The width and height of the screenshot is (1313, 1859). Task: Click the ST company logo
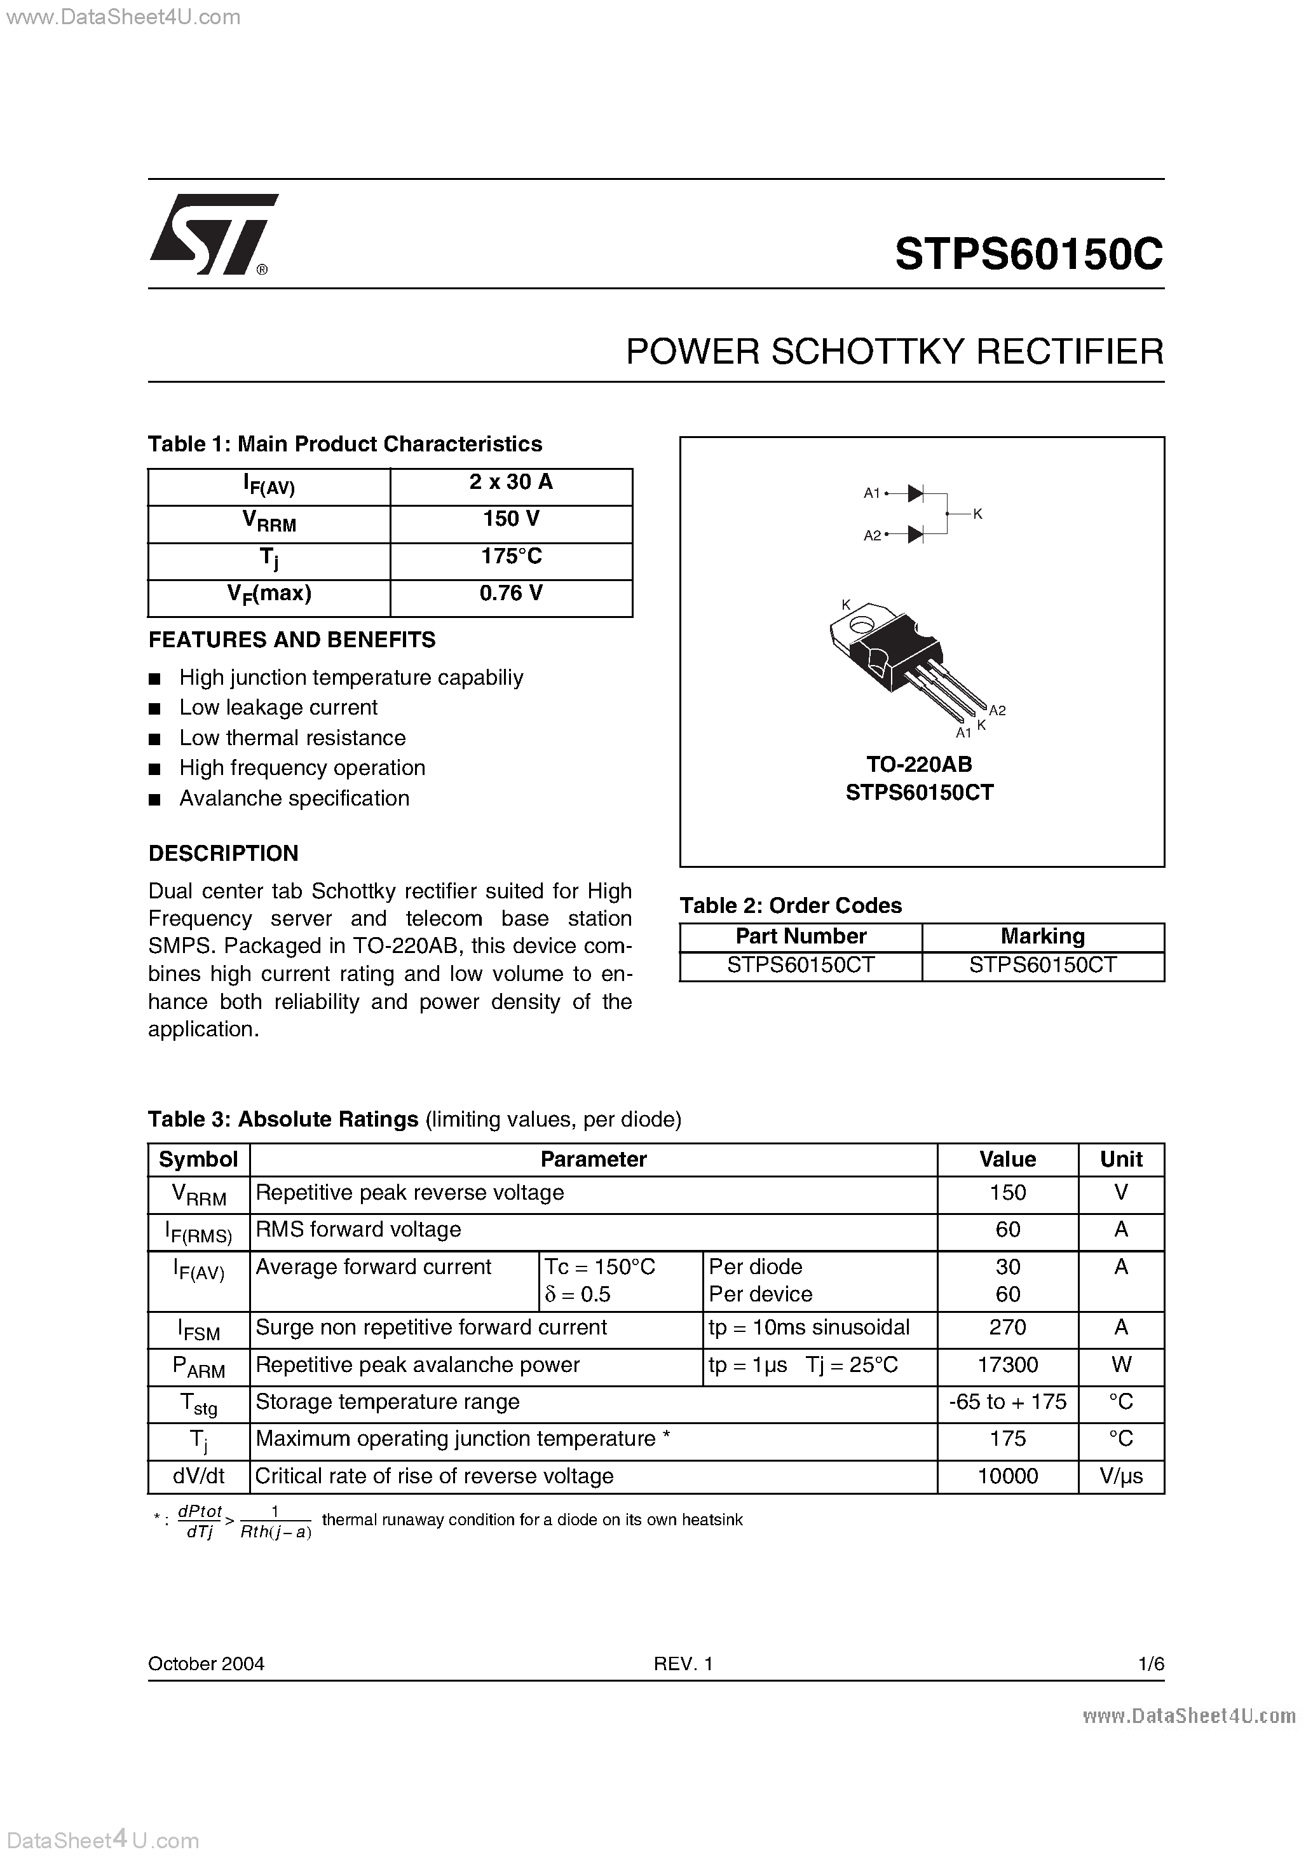212,234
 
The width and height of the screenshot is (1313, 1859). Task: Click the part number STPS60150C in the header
1028,254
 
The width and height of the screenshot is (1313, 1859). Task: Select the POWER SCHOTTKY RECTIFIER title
894,352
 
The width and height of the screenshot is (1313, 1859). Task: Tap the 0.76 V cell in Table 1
511,593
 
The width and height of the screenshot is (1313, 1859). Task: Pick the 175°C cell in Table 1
511,556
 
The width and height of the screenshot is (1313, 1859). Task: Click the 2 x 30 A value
511,483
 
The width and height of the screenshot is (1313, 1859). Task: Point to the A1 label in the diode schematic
871,492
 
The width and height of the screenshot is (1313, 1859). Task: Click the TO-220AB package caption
919,764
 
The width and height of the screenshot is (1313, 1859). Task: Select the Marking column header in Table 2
1043,936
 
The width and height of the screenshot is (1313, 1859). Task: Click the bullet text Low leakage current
278,708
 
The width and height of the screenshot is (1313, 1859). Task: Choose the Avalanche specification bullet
294,799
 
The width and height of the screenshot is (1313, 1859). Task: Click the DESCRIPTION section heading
224,853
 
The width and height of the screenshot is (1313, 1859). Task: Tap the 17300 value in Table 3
1007,1365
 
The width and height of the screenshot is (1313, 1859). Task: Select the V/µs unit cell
1120,1476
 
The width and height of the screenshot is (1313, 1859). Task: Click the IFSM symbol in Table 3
198,1329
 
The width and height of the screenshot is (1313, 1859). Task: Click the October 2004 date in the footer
206,1663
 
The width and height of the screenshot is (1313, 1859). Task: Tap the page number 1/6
1150,1663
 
